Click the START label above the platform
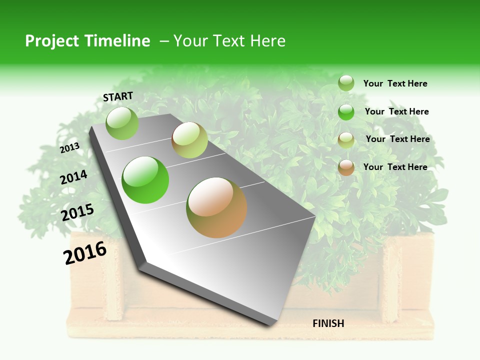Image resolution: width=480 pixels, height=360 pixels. (x=118, y=96)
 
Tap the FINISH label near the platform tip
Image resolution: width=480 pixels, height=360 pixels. (x=328, y=323)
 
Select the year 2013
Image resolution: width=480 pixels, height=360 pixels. (x=69, y=148)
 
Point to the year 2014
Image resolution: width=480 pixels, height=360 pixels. (x=73, y=177)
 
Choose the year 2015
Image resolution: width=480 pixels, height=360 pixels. (x=77, y=212)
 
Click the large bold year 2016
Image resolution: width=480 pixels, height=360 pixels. (x=85, y=253)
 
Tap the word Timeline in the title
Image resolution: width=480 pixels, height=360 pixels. (x=117, y=41)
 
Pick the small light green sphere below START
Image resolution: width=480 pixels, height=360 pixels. (x=122, y=123)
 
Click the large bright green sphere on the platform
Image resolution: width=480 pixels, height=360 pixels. (x=145, y=180)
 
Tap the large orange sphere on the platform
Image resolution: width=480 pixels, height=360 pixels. (x=216, y=207)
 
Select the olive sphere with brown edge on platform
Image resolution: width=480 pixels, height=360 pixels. (x=189, y=140)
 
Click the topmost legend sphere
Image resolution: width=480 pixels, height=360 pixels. (x=346, y=83)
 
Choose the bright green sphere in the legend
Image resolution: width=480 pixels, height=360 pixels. (x=346, y=112)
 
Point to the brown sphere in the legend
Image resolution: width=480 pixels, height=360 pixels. (x=346, y=167)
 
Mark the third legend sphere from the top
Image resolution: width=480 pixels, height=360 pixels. (x=346, y=140)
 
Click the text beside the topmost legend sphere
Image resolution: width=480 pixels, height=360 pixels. (x=395, y=83)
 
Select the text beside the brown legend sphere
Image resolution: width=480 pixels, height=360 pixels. (x=395, y=167)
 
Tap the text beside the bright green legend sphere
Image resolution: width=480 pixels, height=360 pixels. (x=396, y=111)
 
